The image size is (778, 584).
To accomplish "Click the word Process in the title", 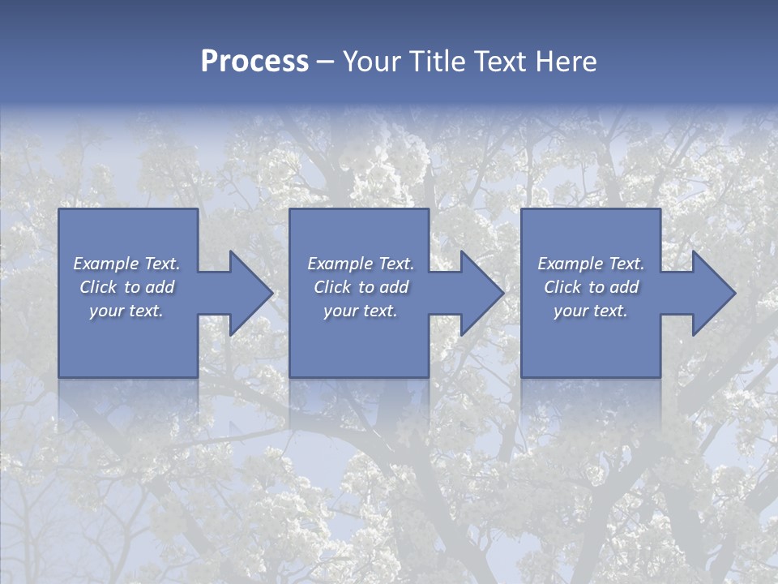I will (x=254, y=62).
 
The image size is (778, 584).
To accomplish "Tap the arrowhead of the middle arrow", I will (x=494, y=293).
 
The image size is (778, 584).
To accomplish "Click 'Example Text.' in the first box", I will (x=127, y=264).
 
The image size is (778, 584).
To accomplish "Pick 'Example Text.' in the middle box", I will (x=361, y=264).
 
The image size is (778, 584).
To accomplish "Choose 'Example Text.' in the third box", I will (x=591, y=264).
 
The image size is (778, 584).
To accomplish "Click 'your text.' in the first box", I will (x=126, y=311).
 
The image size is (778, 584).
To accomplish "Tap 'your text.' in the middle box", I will (x=361, y=311).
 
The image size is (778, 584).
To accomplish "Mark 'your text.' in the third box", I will (x=591, y=311).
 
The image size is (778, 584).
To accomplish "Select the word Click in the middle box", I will (x=332, y=287).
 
